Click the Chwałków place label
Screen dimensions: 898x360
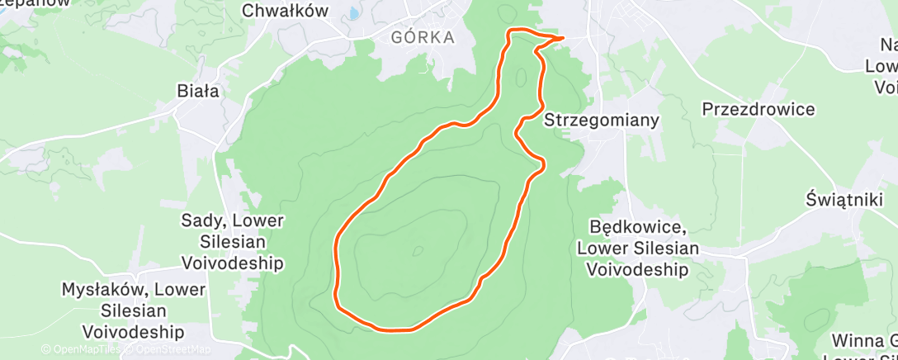(285, 11)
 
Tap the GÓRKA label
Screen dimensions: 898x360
(423, 37)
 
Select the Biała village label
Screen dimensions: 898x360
(198, 91)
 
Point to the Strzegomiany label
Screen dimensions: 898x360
(602, 120)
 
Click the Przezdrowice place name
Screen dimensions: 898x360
(758, 109)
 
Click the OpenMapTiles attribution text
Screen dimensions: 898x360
(80, 349)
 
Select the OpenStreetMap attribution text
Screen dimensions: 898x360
(168, 349)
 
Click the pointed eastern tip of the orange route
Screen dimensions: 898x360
(562, 37)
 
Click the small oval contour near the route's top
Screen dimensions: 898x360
(521, 78)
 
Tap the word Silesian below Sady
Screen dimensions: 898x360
(233, 242)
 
